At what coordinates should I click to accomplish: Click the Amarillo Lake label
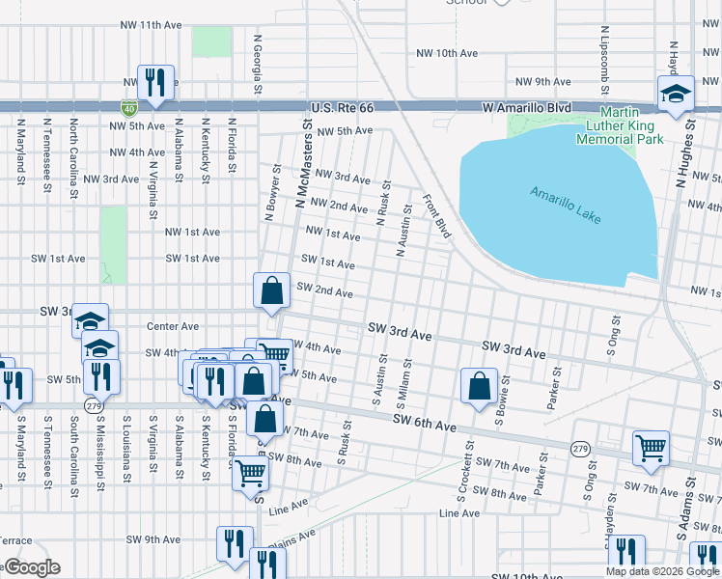point(565,206)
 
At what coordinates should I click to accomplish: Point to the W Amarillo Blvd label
point(527,108)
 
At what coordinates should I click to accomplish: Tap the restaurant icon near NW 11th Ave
point(154,84)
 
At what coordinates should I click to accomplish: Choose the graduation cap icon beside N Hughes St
point(675,95)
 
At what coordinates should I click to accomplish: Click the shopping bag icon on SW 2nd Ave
point(272,290)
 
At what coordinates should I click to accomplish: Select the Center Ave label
point(172,326)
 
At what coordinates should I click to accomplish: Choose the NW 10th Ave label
point(446,53)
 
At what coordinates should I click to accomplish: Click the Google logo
point(32,567)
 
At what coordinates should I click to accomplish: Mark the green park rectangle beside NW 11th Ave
point(211,41)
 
